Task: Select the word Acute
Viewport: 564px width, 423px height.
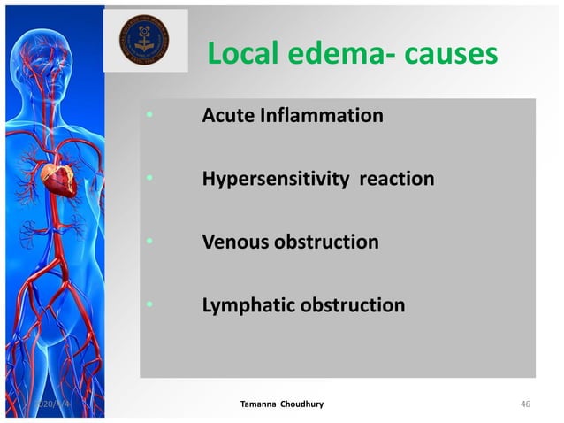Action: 225,116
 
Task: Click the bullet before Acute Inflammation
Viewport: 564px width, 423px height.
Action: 150,116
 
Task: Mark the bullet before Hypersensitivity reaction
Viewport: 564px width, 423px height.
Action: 150,180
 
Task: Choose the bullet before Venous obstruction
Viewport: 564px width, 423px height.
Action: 150,242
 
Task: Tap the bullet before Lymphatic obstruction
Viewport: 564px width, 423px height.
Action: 150,305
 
